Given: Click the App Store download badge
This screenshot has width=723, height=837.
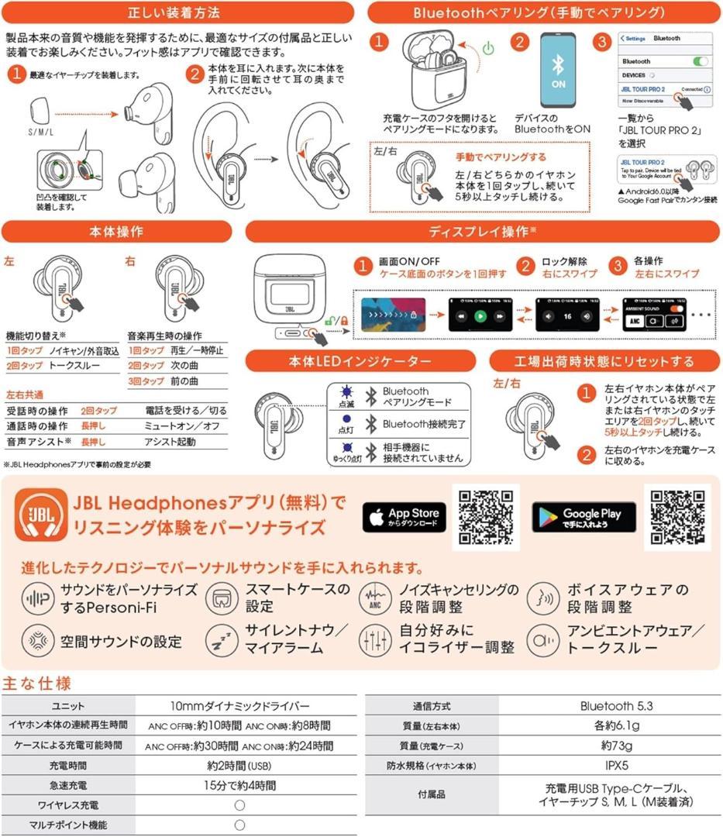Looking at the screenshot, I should pos(402,517).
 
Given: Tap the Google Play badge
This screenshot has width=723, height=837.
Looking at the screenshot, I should pos(584,517).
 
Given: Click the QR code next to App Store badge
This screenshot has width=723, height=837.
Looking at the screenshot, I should pos(485,517).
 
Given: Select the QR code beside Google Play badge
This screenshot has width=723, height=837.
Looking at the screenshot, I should pos(677,517).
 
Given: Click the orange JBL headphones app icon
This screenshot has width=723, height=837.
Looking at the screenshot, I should pos(40,517).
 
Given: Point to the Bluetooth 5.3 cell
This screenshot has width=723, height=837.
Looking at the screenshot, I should pos(616,706).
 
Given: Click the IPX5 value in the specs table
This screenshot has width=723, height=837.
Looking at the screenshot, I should pos(616,766).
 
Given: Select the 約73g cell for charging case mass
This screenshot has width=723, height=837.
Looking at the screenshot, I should pos(616,746).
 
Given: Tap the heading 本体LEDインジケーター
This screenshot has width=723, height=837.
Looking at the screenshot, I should pos(360,361).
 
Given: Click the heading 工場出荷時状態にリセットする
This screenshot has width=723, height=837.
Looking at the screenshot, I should pos(605,361).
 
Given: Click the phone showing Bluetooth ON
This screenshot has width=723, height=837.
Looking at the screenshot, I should pos(558,72).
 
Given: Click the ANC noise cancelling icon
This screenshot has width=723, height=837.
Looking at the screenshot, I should pos(374,598).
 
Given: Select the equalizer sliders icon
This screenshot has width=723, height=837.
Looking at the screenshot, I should pos(374,640).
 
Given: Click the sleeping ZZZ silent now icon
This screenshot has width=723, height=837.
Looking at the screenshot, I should pos(221,640).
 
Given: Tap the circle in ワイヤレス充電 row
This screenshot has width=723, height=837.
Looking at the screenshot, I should pos(239,805).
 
